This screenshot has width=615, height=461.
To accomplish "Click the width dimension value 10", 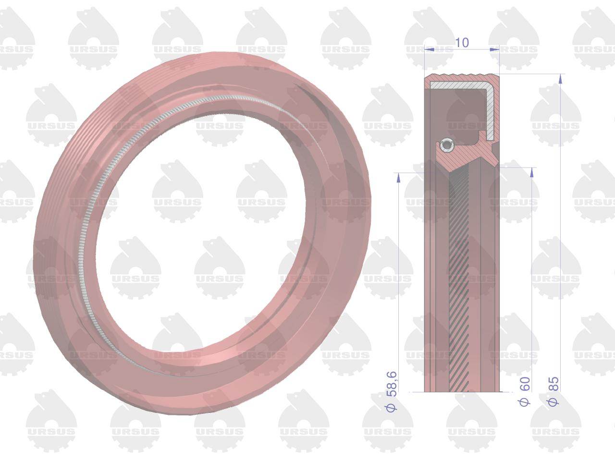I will tap(462, 42).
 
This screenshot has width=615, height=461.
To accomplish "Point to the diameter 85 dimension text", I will tap(553, 384).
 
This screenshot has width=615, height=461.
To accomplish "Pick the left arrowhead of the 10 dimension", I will tap(429, 49).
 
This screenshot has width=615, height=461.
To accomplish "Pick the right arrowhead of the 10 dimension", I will tap(495, 49).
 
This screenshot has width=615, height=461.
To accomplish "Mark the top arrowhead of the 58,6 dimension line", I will tap(398, 177).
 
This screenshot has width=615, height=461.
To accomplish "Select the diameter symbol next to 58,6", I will tap(392, 407).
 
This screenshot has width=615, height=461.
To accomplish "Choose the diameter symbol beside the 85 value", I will tap(553, 401).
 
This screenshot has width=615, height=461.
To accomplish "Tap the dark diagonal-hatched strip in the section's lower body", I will tap(459, 288).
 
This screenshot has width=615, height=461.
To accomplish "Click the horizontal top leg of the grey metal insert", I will tap(459, 85).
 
